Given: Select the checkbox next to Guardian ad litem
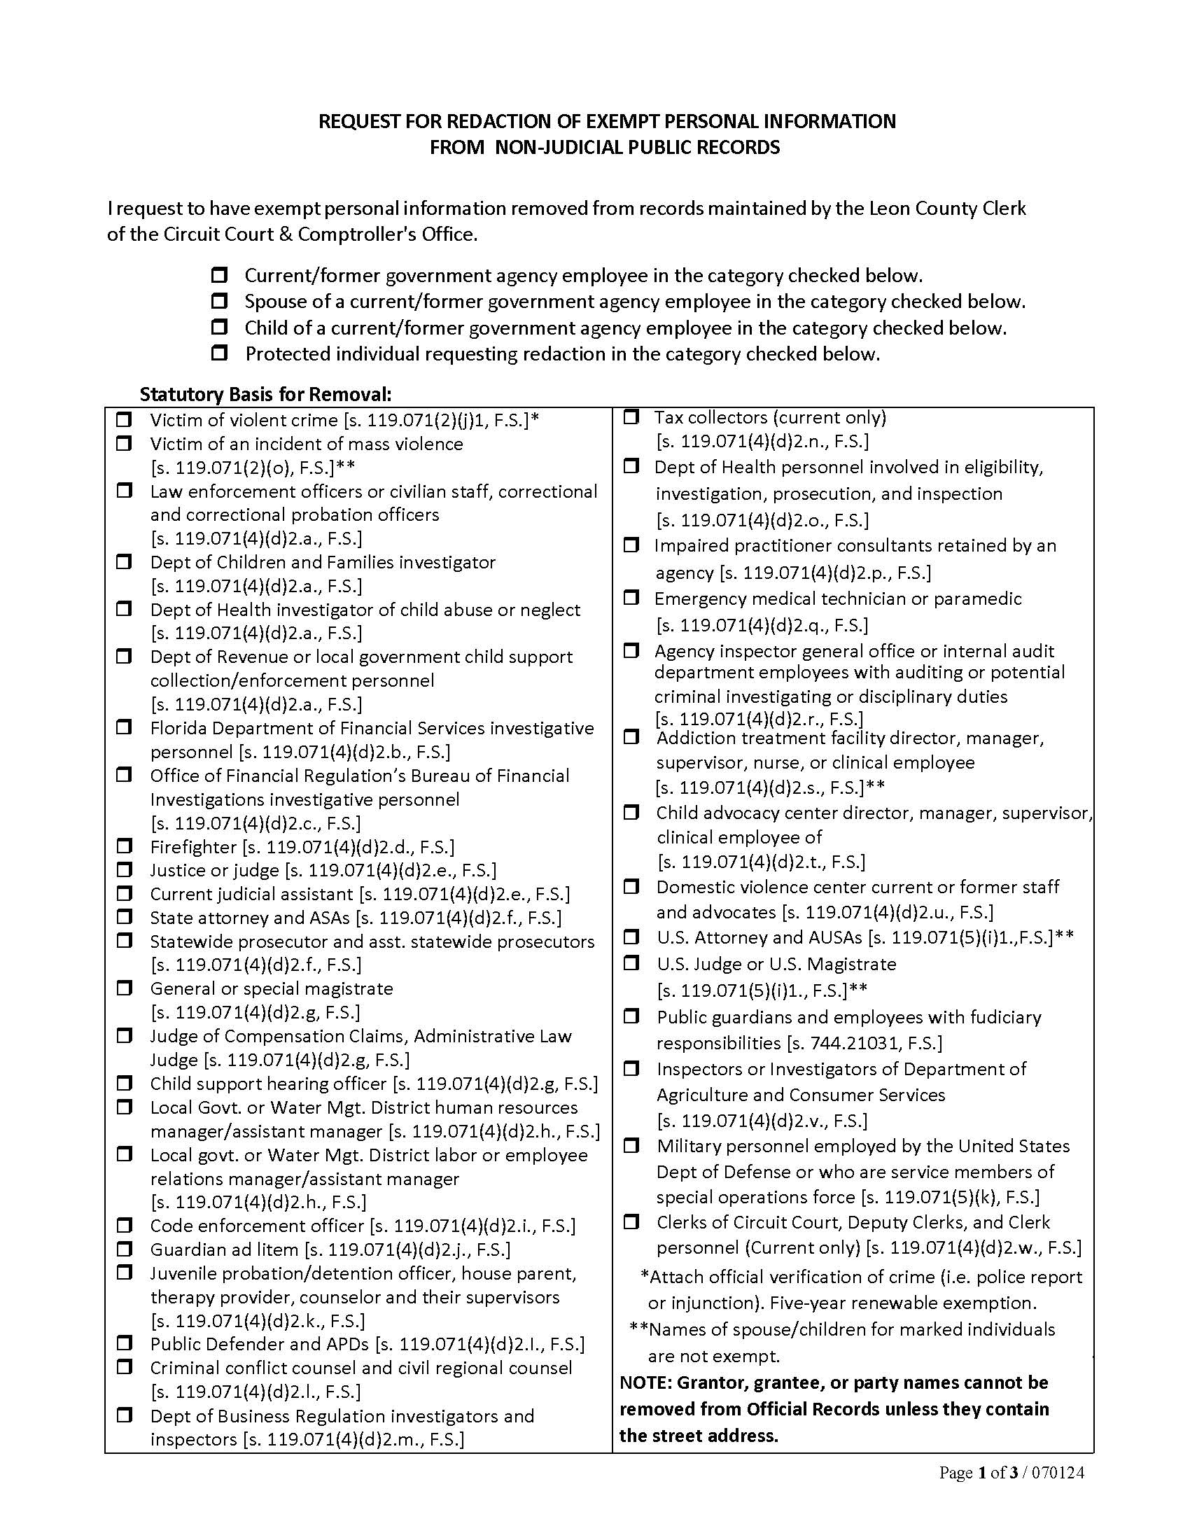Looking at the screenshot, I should coord(124,1249).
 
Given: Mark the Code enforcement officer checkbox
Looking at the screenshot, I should coord(124,1225).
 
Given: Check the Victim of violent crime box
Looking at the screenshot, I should coord(124,419).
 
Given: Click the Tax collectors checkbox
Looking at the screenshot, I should coord(631,416).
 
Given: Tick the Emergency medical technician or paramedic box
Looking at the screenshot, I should coord(631,597).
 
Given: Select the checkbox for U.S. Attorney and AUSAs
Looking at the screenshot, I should coord(631,937).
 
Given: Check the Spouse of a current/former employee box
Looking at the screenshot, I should coord(219,301).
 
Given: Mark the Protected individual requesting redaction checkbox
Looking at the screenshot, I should coord(219,353).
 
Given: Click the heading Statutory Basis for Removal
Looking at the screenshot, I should coord(265,393).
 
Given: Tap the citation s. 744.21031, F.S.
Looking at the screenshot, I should coord(864,1043).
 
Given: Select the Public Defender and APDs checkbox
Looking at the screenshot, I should coord(124,1343).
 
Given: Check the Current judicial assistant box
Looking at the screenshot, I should coord(124,892).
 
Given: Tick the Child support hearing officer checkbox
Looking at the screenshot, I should coord(124,1082).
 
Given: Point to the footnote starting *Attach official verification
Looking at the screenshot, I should coord(860,1277).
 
